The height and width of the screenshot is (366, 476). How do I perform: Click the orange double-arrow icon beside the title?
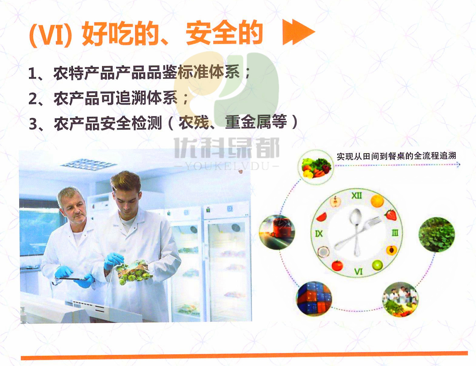pos(299,32)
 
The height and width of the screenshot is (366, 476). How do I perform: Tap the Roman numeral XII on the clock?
pos(357,195)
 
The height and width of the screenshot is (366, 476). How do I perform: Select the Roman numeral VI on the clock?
pos(358,272)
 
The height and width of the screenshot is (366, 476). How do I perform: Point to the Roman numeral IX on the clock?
pos(319,234)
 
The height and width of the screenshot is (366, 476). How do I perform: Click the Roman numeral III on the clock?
pos(395,233)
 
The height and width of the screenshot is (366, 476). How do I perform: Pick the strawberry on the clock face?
pos(391,215)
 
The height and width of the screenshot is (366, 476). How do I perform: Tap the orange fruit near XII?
pos(377,201)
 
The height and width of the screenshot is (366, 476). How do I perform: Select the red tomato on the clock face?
pos(337,265)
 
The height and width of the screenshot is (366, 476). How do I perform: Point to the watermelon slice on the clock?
pos(322,217)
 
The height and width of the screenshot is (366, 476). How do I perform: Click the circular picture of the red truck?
pos(277,232)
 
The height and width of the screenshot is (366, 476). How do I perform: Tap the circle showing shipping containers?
pos(314,299)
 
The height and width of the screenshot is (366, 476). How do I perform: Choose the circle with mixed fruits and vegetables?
pos(316,168)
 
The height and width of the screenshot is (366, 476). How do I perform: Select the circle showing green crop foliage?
pos(437,234)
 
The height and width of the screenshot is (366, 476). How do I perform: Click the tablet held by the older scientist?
pos(70,279)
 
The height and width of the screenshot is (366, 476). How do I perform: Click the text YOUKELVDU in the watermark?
pos(227,166)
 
